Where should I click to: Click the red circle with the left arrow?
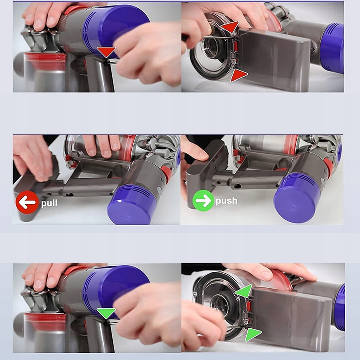coord(27,202)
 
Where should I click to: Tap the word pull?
coord(49,203)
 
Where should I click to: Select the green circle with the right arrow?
coord(203,201)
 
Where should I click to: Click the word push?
coord(226,201)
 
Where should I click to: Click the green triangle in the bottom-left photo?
coord(106,312)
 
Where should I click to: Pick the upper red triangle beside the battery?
coord(230,27)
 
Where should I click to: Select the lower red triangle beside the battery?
coord(238,75)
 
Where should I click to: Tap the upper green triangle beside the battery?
coord(244,290)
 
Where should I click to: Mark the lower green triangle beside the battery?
coord(253,334)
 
